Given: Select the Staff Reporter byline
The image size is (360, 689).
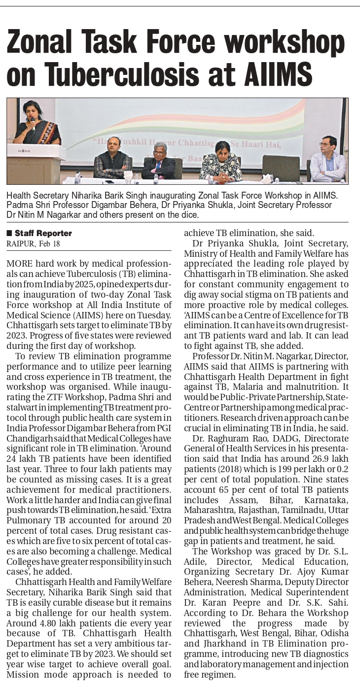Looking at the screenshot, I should [x=43, y=233].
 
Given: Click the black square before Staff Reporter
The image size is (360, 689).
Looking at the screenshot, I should [x=9, y=233].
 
